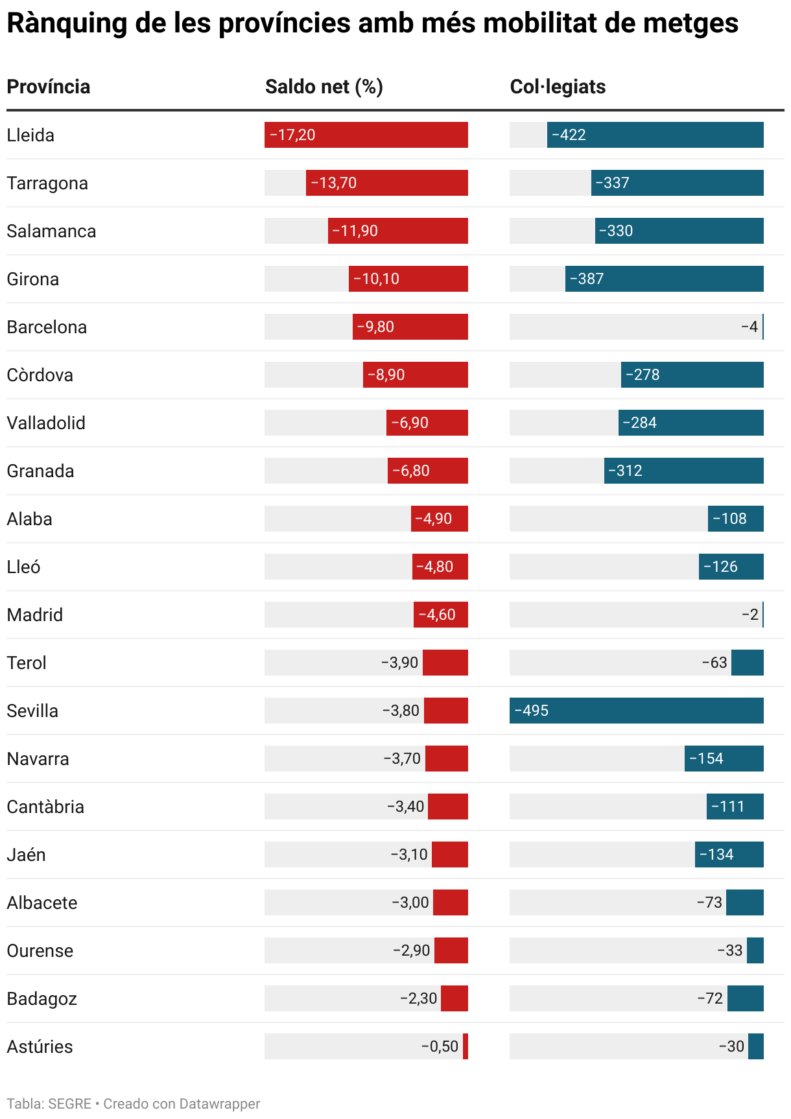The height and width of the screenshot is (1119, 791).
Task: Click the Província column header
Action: click(x=49, y=87)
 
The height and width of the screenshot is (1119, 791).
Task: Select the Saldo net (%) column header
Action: click(x=324, y=87)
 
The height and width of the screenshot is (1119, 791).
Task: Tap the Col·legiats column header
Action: click(x=558, y=87)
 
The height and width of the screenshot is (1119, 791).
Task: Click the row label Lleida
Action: click(x=30, y=135)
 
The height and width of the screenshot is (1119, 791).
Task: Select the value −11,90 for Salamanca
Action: click(x=355, y=231)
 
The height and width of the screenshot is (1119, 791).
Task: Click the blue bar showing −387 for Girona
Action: click(x=664, y=279)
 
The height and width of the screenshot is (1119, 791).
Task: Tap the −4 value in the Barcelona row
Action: click(x=750, y=327)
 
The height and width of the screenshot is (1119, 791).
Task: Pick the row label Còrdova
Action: click(x=40, y=375)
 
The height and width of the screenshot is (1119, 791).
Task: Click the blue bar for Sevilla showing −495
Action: click(x=636, y=711)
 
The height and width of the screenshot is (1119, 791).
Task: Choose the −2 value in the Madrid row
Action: click(x=750, y=615)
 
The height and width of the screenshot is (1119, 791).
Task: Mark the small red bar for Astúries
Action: click(x=466, y=1047)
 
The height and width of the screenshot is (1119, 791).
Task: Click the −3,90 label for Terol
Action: click(x=399, y=663)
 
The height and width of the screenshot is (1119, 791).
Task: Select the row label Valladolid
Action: click(x=46, y=423)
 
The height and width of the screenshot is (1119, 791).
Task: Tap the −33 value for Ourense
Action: click(x=730, y=951)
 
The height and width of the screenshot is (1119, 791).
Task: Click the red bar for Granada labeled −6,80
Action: click(x=428, y=471)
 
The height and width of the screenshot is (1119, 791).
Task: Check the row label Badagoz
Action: click(x=41, y=999)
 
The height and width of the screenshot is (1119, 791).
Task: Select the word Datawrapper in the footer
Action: click(x=220, y=1104)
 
